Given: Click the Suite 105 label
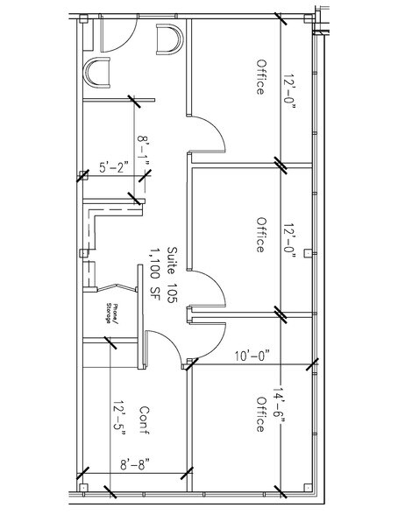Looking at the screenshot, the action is [172, 275].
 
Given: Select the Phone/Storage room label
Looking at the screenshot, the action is [110, 314].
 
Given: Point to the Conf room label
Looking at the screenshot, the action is [145, 420].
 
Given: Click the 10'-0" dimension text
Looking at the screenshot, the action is [252, 356].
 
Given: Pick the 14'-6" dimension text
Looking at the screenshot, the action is [278, 406].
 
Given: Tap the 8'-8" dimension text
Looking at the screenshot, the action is [134, 465].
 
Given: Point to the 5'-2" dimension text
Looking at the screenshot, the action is [114, 167].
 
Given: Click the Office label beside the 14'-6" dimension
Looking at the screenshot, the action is [260, 414].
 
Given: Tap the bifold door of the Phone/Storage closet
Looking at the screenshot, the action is [117, 286].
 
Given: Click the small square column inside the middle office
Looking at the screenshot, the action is [308, 253].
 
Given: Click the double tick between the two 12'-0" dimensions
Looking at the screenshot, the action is [281, 163].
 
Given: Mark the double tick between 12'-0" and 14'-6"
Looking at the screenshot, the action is [281, 314].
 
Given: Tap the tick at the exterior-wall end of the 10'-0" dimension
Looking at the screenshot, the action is [312, 364].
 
